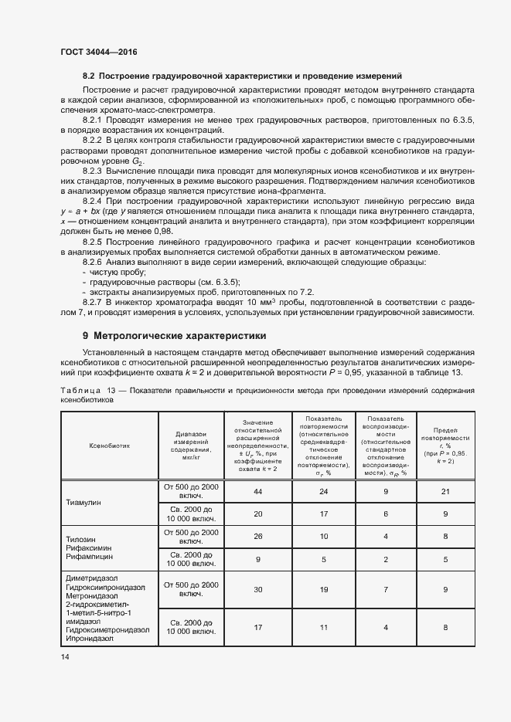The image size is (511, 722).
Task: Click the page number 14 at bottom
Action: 65,656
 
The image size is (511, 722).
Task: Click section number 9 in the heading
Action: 85,336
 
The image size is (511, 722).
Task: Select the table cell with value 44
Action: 258,491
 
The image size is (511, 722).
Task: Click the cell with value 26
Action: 258,537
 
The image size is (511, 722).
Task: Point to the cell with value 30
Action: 258,589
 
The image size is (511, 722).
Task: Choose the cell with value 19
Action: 324,589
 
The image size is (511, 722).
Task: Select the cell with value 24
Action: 324,491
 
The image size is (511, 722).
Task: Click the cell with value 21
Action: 446,491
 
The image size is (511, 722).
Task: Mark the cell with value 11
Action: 324,627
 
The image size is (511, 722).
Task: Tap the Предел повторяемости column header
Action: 446,445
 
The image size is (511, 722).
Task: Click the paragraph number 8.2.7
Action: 92,301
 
